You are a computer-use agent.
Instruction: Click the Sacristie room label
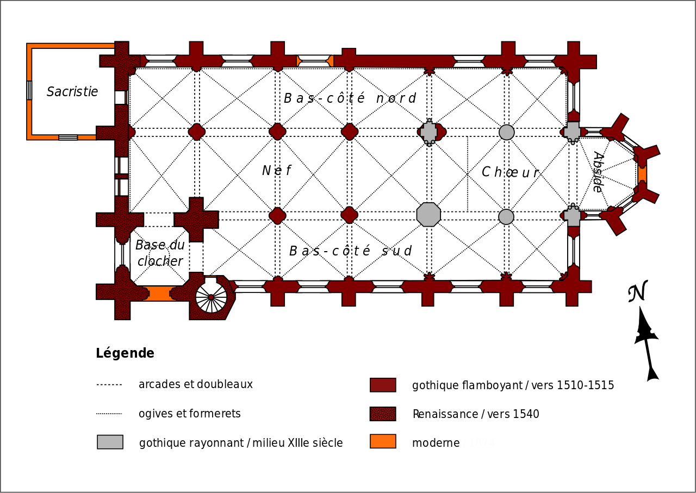tap(72, 92)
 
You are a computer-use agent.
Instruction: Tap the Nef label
tap(276, 171)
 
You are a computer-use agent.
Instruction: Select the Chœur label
tap(509, 172)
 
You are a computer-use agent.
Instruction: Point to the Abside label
tap(598, 172)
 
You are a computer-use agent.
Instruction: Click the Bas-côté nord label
tap(350, 98)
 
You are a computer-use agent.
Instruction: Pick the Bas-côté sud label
tap(350, 251)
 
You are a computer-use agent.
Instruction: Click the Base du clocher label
tap(160, 253)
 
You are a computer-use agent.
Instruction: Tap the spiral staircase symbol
tap(211, 297)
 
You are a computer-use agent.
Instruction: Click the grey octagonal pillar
tap(428, 214)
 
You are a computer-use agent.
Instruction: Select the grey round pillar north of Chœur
tap(506, 132)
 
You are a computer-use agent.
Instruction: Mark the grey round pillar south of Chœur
tap(506, 216)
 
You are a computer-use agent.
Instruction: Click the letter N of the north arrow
tap(637, 292)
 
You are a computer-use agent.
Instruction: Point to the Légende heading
tap(125, 353)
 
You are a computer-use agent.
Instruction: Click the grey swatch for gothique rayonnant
tap(110, 442)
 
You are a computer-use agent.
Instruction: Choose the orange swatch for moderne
tap(383, 441)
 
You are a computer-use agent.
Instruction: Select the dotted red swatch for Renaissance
tap(383, 414)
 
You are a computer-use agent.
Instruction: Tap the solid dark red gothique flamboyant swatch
tap(383, 385)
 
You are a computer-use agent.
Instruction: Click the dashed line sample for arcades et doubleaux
tap(109, 385)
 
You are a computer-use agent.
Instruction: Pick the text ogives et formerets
tap(189, 414)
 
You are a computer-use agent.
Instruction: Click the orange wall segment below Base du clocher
tap(159, 294)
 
